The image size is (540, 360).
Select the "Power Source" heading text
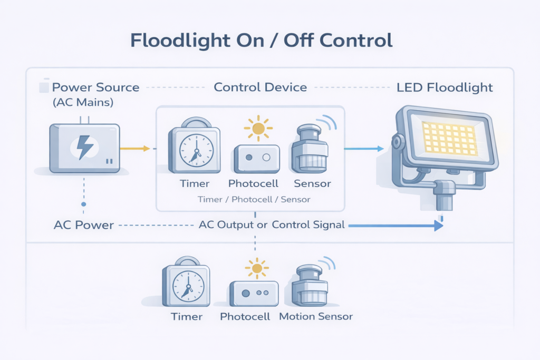point(95,87)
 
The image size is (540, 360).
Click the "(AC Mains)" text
point(83,103)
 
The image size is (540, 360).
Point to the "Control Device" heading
point(260,87)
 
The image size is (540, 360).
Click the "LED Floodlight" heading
point(445,87)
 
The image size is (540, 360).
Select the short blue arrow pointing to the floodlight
point(364,149)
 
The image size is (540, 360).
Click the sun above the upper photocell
point(258,128)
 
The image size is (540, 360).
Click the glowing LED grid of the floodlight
point(448,138)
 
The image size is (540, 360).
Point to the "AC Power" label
point(84,225)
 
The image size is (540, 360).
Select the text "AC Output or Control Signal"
point(272,225)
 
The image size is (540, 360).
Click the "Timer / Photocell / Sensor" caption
point(254,200)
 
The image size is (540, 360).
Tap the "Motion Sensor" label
point(315,317)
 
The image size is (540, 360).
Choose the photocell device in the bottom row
point(254,293)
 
